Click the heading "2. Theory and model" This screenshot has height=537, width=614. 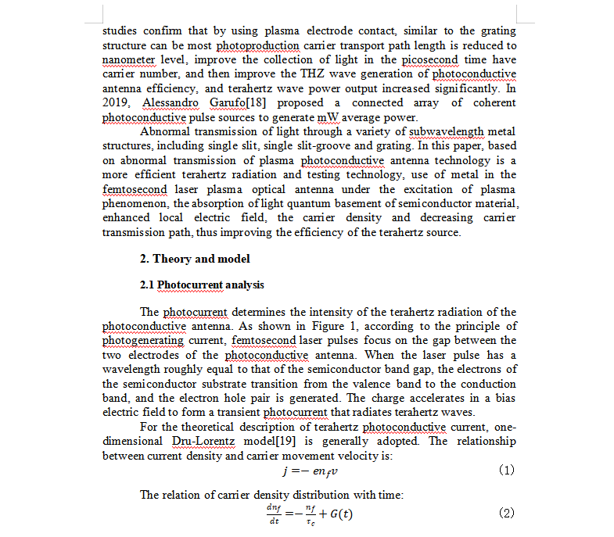[196, 259]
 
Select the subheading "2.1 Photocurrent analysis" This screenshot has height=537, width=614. [202, 285]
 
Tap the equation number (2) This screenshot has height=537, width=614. [506, 513]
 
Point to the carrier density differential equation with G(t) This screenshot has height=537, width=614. [310, 514]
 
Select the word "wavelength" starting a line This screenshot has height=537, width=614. [131, 370]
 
